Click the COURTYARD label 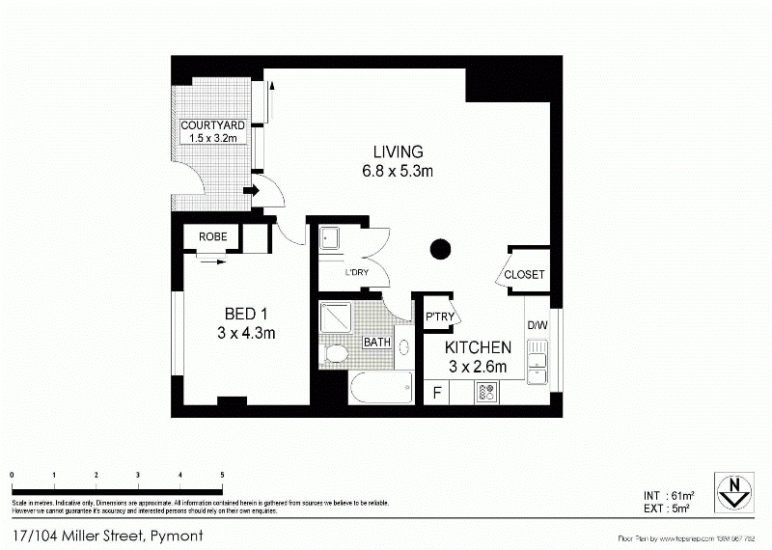(212, 125)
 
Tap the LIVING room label (399, 152)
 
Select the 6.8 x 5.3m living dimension (399, 172)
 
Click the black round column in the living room (440, 249)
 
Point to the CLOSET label (525, 275)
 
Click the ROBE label (212, 236)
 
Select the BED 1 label (245, 315)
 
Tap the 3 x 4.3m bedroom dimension (245, 334)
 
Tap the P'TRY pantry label (439, 317)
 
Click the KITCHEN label (477, 347)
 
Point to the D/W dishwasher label (537, 325)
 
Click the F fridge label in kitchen (437, 393)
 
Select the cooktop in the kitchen (486, 393)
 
